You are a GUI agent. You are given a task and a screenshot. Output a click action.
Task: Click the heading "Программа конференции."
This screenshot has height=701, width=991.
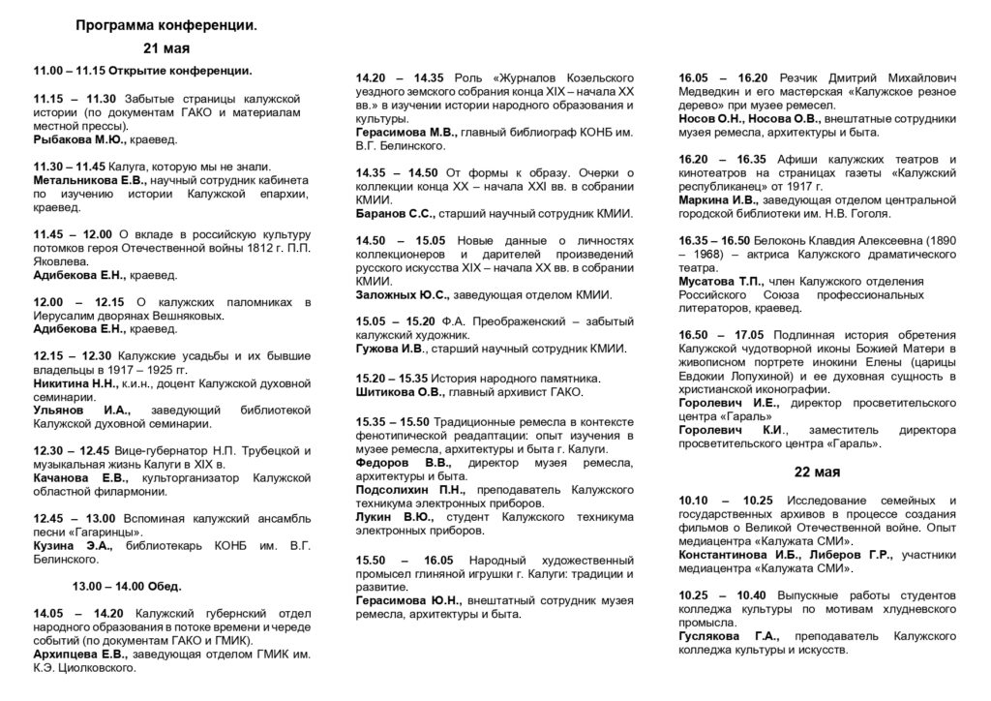tap(166, 27)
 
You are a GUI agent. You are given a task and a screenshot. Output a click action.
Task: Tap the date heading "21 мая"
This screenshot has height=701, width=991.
tap(166, 48)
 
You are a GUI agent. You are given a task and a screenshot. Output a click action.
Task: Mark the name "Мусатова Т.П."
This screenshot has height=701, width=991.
tap(723, 281)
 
